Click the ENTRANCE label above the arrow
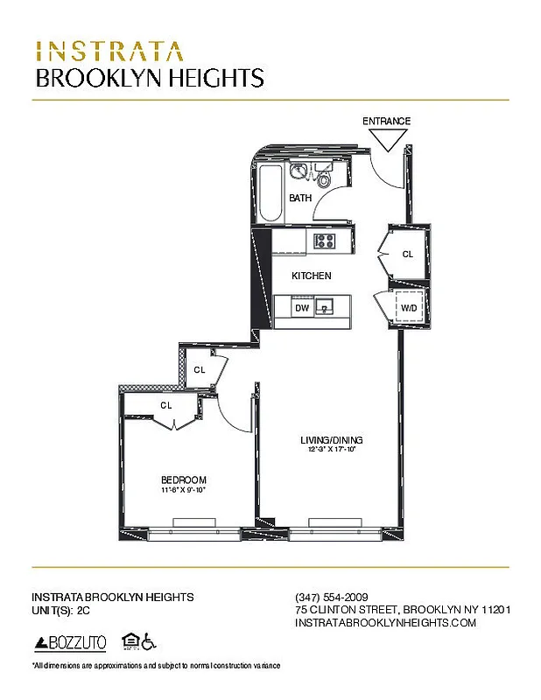386,121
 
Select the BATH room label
300,199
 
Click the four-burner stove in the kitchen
326,241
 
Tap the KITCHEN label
311,276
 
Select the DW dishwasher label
301,308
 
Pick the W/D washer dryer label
409,308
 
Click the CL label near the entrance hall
407,255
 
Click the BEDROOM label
184,479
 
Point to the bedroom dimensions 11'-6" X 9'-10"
184,490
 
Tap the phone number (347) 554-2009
326,597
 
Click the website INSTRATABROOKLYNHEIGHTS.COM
385,622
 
